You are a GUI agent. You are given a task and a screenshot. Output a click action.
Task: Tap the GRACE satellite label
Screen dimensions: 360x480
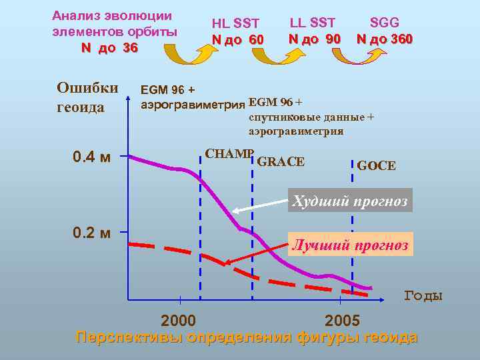281,161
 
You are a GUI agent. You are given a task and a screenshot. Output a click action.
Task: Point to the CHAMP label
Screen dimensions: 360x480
229,153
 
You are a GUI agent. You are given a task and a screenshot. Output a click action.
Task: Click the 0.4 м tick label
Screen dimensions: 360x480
92,157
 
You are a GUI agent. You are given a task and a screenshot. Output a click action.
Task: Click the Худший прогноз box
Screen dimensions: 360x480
351,200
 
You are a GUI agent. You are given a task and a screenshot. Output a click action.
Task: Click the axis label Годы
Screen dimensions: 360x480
423,295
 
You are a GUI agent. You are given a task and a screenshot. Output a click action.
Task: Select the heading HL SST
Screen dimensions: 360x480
235,25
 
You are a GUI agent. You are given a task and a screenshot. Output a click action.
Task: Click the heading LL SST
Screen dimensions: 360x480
313,23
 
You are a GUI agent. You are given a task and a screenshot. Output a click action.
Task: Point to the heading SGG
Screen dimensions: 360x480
384,23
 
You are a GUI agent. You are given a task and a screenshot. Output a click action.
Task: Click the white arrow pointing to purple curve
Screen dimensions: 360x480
260,205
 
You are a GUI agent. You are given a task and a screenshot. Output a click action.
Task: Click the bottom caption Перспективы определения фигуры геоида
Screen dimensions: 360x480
247,337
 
